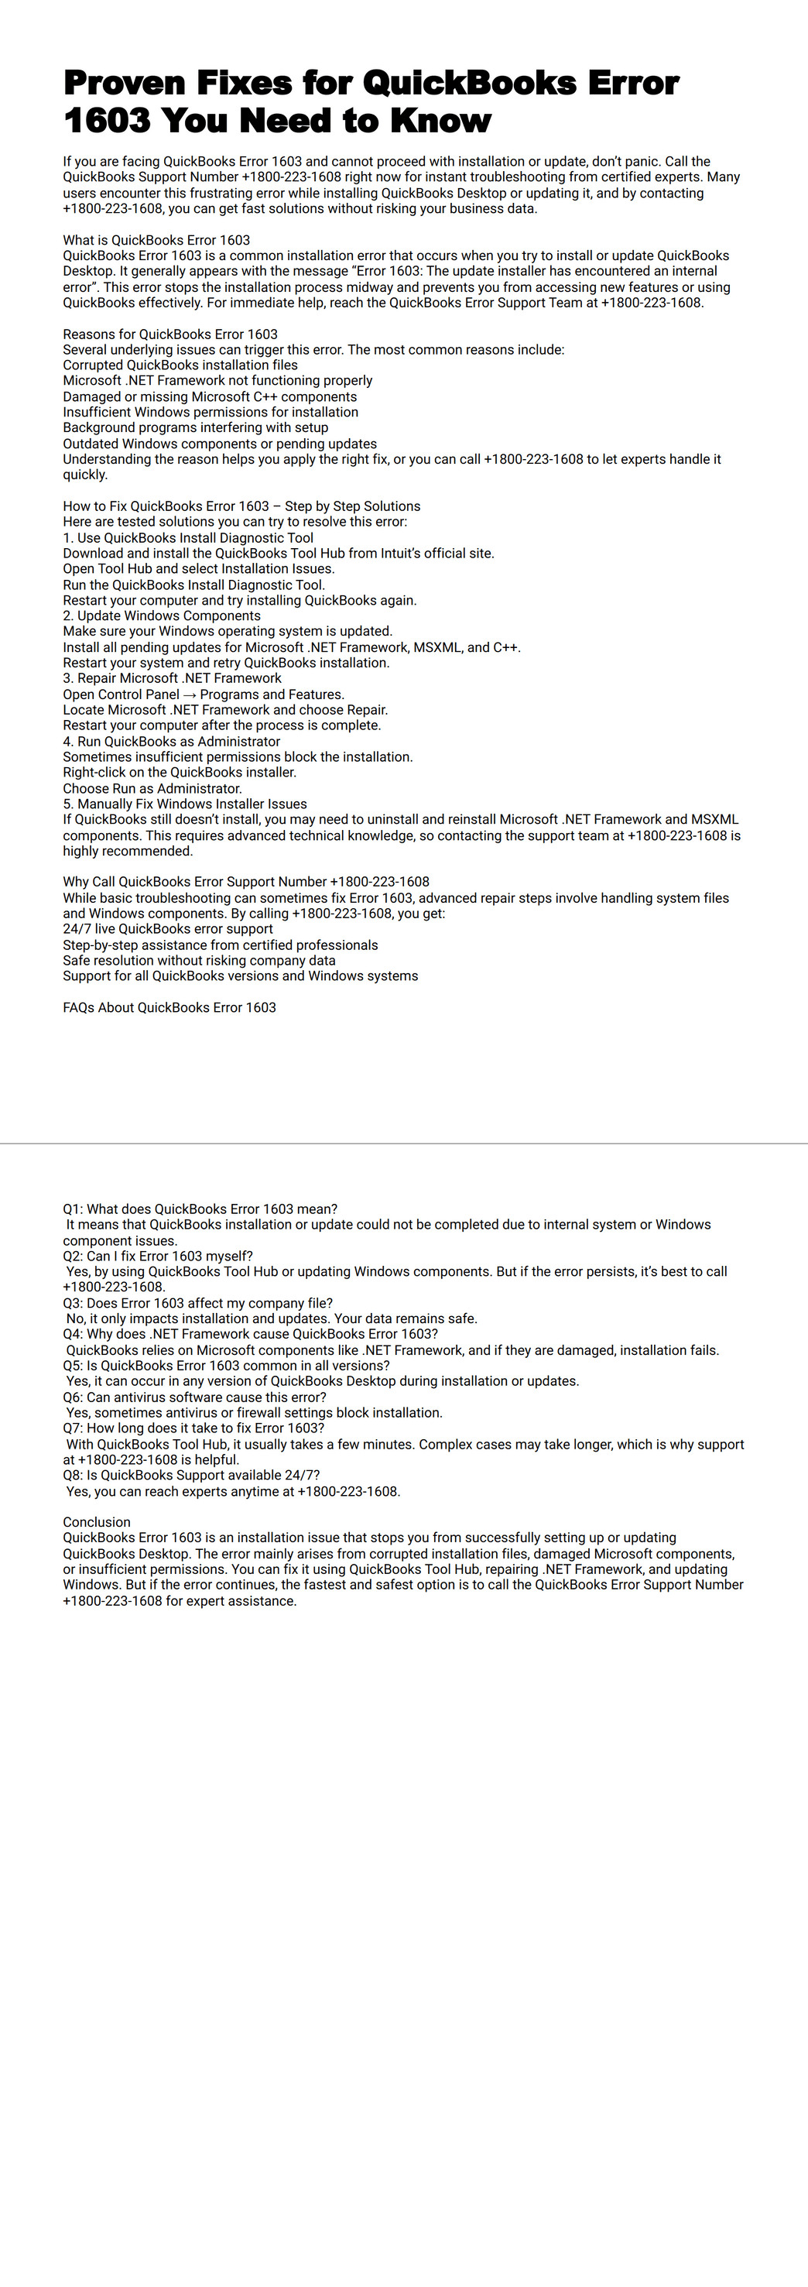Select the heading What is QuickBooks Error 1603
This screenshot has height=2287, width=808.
(156, 240)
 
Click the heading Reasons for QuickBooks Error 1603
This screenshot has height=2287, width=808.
(169, 334)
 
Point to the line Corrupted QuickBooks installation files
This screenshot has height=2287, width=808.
(180, 365)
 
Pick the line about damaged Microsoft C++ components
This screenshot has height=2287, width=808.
(210, 397)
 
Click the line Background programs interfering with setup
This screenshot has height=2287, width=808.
(195, 428)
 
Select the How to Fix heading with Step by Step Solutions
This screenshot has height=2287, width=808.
(241, 506)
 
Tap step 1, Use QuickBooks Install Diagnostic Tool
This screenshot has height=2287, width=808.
(188, 537)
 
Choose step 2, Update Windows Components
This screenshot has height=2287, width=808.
(162, 615)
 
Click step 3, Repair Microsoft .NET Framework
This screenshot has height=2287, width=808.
(173, 678)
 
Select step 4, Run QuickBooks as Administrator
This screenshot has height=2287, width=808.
(171, 742)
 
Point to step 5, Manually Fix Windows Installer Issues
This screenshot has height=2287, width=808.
(185, 804)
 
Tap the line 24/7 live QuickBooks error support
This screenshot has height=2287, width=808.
(168, 928)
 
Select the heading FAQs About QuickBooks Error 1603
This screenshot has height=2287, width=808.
(169, 1008)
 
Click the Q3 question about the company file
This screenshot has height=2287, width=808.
(197, 1303)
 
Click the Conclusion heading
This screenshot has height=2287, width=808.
(97, 1522)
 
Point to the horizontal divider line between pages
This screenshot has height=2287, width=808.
(404, 1143)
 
